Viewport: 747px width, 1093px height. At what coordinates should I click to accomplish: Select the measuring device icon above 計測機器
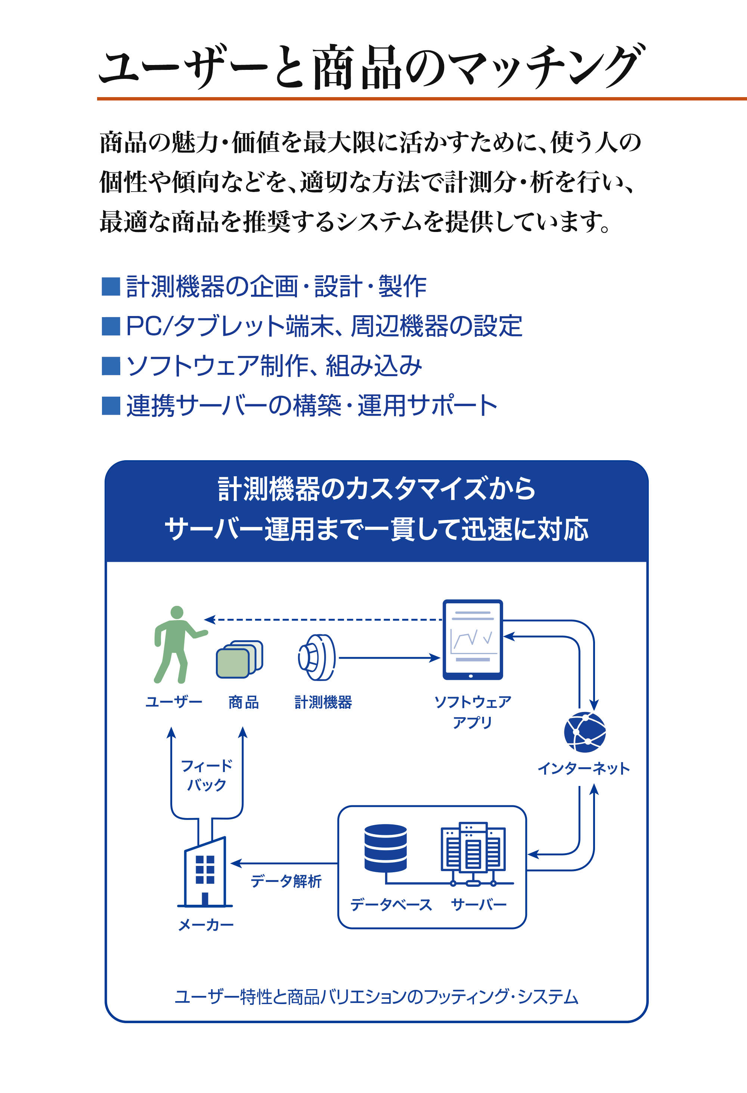click(317, 657)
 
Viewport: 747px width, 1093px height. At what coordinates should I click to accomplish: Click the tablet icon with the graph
click(472, 639)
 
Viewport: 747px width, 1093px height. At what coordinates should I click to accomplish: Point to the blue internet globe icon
click(585, 732)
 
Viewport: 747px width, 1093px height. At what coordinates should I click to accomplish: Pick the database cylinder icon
click(385, 848)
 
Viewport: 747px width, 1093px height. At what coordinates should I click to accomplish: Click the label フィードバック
click(207, 775)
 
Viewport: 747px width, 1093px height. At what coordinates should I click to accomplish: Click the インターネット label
click(583, 768)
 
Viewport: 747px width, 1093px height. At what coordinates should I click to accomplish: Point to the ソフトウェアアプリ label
click(472, 712)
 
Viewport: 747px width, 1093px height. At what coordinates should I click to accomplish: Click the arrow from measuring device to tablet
click(389, 657)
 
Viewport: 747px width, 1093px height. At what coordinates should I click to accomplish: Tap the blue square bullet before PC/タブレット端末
click(111, 326)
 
